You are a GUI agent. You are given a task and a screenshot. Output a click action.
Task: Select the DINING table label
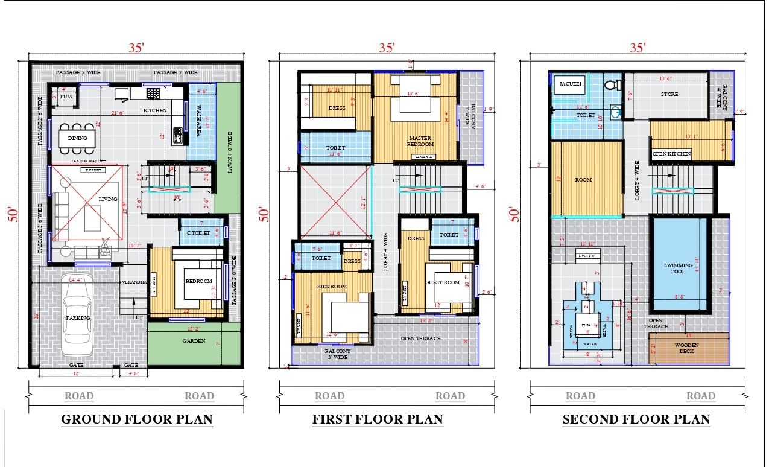tap(77, 138)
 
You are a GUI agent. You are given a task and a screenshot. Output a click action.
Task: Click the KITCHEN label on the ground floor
tap(155, 110)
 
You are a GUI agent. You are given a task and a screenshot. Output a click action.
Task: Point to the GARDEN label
tap(194, 341)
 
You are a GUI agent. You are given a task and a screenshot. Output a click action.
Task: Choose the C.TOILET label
tap(198, 232)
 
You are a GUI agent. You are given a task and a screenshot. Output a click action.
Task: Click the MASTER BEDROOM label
tap(420, 141)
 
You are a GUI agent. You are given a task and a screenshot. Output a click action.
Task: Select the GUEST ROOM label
tap(443, 282)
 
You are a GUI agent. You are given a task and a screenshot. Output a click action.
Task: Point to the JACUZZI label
tap(570, 84)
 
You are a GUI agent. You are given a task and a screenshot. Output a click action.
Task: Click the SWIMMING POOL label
tap(679, 268)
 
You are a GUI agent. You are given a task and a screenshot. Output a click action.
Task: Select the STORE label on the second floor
tap(669, 94)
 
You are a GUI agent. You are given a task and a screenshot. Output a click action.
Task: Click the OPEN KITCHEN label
tap(671, 154)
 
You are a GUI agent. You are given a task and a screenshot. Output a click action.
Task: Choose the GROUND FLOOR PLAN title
tap(137, 419)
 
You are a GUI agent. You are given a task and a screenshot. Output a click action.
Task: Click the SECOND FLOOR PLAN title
tap(636, 419)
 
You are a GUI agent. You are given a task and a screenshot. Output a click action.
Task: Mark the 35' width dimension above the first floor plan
tap(387, 48)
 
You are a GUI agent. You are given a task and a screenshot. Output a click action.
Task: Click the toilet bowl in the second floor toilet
tap(609, 84)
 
